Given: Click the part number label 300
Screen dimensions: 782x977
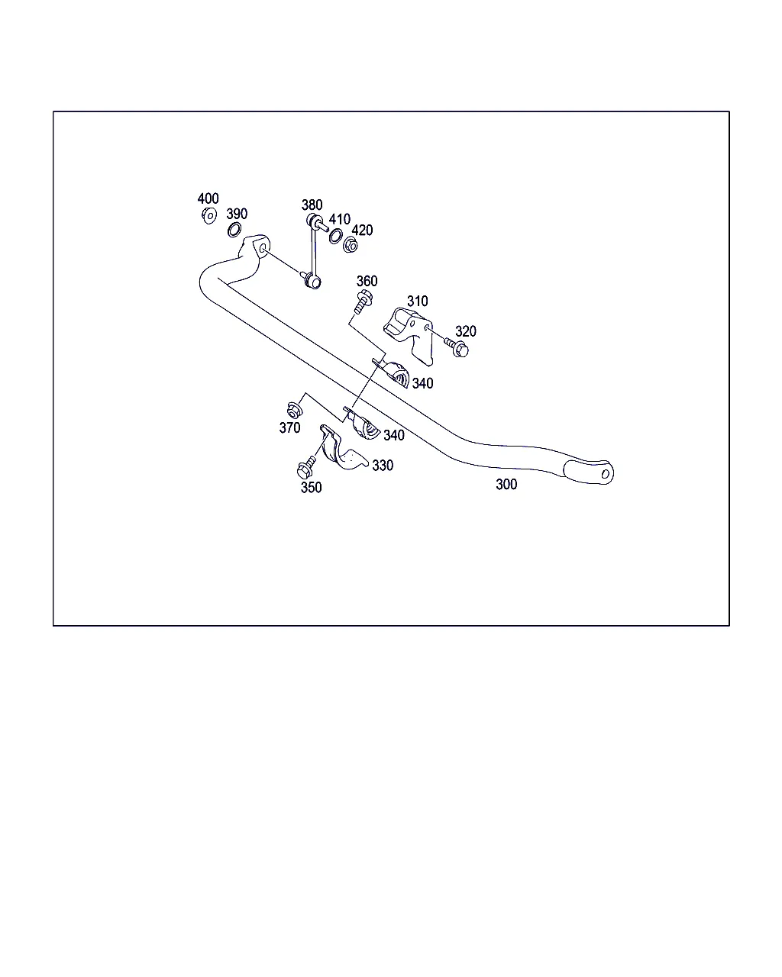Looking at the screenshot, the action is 506,485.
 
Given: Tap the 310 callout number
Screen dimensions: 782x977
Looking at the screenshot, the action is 417,301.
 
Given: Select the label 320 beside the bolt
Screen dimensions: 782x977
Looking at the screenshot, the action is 466,331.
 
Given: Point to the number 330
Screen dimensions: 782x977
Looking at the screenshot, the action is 383,466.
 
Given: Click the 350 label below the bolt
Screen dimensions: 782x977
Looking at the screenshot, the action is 312,488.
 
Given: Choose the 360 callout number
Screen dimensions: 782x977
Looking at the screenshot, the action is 367,281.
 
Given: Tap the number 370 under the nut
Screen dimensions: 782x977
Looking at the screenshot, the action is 290,427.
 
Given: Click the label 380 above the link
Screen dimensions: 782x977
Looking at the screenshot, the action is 312,205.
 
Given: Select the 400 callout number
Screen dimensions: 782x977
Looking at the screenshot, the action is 208,198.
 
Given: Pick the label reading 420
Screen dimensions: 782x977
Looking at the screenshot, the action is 362,231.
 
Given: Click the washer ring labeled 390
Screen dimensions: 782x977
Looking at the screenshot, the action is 234,231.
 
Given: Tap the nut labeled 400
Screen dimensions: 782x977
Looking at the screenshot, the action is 209,216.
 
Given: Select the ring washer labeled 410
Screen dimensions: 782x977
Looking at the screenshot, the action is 336,236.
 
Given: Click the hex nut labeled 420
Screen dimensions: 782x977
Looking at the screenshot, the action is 350,245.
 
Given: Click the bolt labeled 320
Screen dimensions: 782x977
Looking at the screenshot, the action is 456,347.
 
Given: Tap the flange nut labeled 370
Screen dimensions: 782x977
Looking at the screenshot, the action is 295,411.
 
